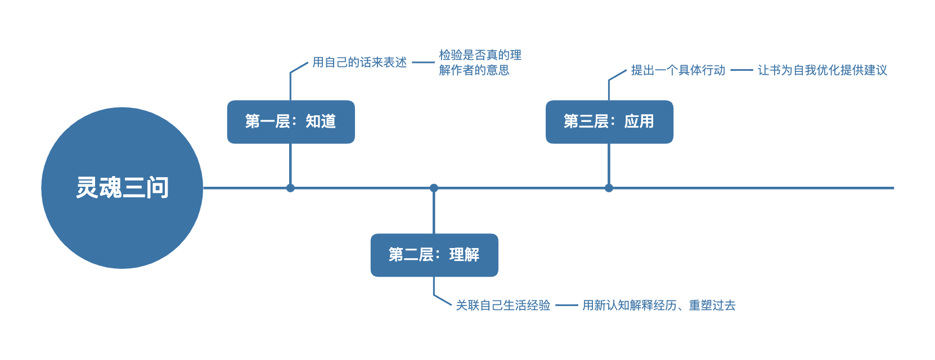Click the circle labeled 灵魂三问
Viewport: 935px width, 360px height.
122,188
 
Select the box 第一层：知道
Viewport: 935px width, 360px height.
291,122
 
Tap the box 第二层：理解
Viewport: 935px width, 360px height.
434,255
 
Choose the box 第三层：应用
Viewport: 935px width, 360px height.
609,122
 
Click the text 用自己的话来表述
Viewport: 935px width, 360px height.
359,62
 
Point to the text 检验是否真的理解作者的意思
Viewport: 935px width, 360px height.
479,62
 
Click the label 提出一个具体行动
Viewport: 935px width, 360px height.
678,70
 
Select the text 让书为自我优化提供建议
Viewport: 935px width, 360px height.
822,70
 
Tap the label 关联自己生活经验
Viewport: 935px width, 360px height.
503,305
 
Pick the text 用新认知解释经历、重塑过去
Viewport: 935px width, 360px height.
659,305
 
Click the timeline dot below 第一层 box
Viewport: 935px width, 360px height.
290,188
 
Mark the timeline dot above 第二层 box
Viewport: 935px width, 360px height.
434,188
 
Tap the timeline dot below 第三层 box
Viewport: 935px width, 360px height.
609,188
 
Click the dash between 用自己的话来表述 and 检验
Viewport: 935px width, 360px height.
423,62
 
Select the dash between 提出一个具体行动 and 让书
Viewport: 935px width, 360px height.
741,70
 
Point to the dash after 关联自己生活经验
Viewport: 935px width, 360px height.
567,305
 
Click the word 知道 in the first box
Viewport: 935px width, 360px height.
321,121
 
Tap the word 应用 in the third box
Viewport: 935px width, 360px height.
639,121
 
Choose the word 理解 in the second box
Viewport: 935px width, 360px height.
464,255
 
